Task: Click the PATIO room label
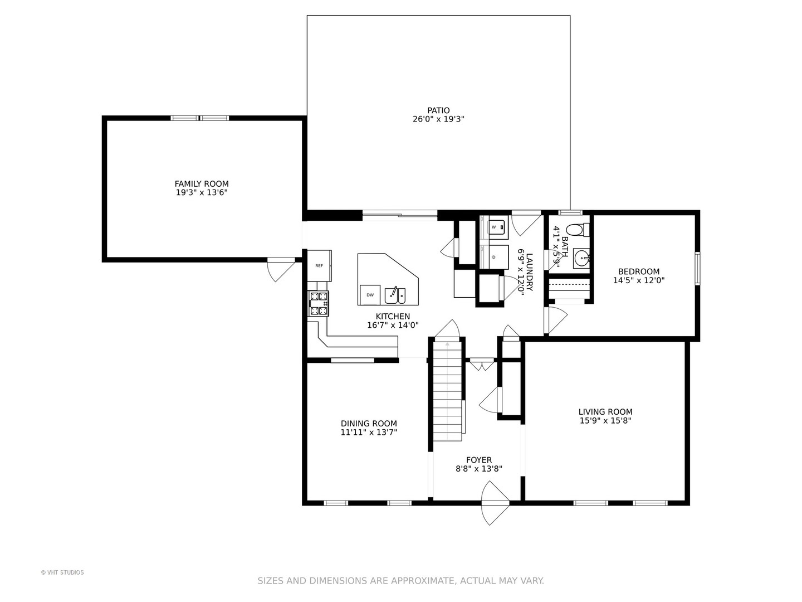coord(438,110)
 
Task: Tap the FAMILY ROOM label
coord(201,183)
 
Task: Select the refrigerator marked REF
coord(319,265)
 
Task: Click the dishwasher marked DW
coord(370,295)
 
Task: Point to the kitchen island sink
coord(395,295)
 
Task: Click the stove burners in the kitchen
coord(318,303)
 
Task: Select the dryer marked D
coord(494,257)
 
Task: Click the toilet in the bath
coord(578,230)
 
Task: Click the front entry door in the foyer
coord(495,503)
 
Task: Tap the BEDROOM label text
coord(639,271)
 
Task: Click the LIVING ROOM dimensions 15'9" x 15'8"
coord(605,421)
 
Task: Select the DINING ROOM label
coord(369,423)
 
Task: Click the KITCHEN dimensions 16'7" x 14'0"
coord(393,325)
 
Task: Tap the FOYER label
coord(478,460)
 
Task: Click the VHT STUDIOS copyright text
coord(62,572)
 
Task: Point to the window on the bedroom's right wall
coord(697,268)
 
